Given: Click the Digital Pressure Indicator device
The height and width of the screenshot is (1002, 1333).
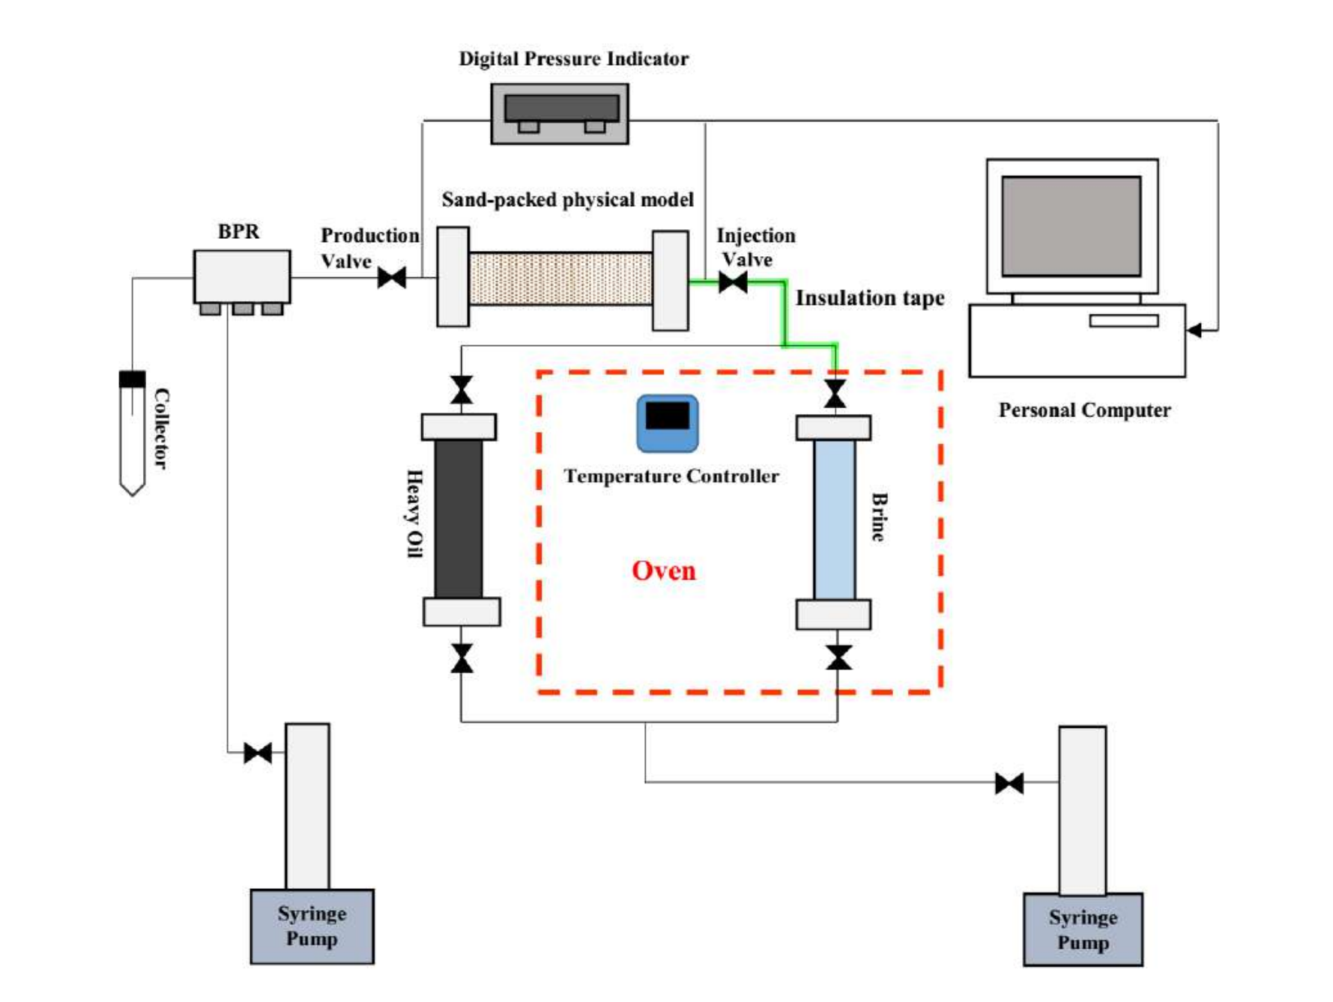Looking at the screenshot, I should (560, 113).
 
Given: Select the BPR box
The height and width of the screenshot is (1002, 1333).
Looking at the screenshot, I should (241, 276).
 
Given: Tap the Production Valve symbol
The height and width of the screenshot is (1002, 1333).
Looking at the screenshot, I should (392, 278).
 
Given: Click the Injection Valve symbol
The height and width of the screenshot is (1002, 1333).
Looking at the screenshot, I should (733, 282).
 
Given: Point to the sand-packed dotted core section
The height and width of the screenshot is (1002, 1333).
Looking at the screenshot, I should (560, 278).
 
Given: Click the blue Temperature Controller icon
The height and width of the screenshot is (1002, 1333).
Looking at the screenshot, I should (667, 424).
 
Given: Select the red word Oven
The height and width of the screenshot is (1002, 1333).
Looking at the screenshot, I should (663, 571).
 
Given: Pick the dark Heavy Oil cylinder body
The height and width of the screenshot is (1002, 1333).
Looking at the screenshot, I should (459, 518).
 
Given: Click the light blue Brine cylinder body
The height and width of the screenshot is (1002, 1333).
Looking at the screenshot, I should (834, 519).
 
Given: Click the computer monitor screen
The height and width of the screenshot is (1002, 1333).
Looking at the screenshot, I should (1071, 226).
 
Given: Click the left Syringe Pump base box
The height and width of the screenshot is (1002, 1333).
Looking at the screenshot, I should (312, 926).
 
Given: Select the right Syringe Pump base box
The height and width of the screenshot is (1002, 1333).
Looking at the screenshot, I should (1083, 929).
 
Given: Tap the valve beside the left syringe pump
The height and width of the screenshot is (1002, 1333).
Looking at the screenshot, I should (258, 753).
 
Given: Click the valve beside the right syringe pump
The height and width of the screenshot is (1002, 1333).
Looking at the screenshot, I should (1009, 783).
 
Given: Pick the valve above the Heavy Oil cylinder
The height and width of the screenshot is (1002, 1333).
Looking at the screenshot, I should (462, 390).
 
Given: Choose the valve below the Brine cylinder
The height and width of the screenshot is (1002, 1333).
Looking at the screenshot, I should (838, 658).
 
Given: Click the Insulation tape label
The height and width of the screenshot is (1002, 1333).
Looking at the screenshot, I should (869, 298).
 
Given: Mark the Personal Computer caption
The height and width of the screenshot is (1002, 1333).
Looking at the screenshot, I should (1084, 410).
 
